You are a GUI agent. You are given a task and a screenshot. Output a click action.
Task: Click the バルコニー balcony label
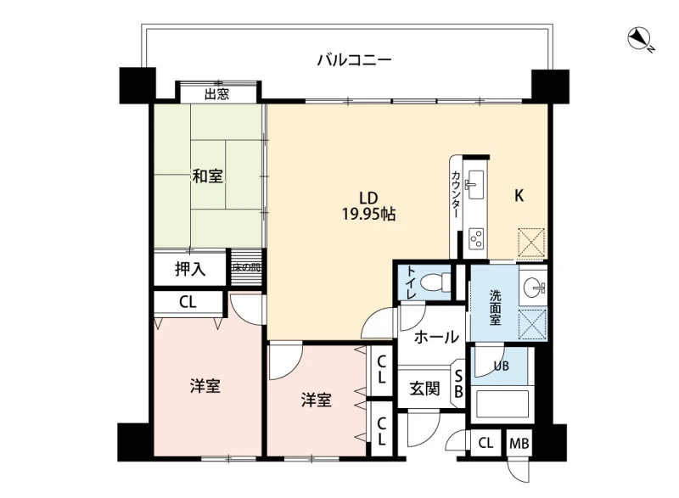point(354,59)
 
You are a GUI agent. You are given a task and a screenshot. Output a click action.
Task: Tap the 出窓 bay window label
point(217,94)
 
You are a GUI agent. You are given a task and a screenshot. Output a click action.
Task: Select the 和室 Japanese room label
point(208,176)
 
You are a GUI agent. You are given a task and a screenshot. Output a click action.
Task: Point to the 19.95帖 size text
point(369,214)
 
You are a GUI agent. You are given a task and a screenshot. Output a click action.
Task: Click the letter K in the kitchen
point(519,196)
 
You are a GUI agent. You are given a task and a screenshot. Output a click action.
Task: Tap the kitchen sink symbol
point(474,185)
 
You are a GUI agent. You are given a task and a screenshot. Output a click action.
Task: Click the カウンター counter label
point(456,194)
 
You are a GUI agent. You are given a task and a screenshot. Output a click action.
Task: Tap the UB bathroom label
point(502,366)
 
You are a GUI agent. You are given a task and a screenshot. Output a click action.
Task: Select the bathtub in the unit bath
point(499,404)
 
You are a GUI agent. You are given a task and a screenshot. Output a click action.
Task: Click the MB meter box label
point(519,444)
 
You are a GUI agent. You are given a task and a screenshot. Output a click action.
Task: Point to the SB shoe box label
point(458,384)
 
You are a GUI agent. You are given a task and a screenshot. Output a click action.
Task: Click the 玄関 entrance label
point(425,389)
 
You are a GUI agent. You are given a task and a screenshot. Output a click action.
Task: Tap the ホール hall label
point(436,337)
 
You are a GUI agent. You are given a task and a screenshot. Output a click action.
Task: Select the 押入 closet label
point(190,269)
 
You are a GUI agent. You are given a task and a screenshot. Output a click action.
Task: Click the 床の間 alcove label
point(246,267)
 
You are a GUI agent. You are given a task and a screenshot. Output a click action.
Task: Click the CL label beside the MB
point(485,443)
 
